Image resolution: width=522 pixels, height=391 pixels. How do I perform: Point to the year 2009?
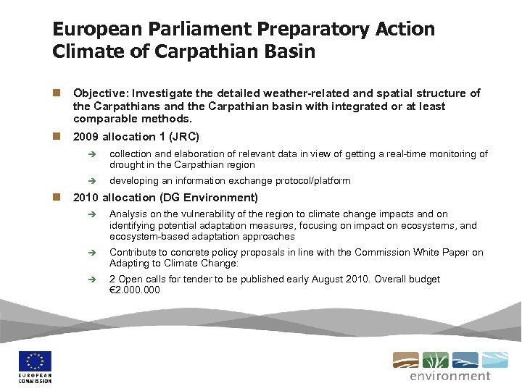[86, 137]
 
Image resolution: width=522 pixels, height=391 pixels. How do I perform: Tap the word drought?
[126, 165]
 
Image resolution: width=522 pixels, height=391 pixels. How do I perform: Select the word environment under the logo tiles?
[449, 376]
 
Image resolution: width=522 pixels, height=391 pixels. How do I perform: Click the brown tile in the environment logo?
[405, 360]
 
